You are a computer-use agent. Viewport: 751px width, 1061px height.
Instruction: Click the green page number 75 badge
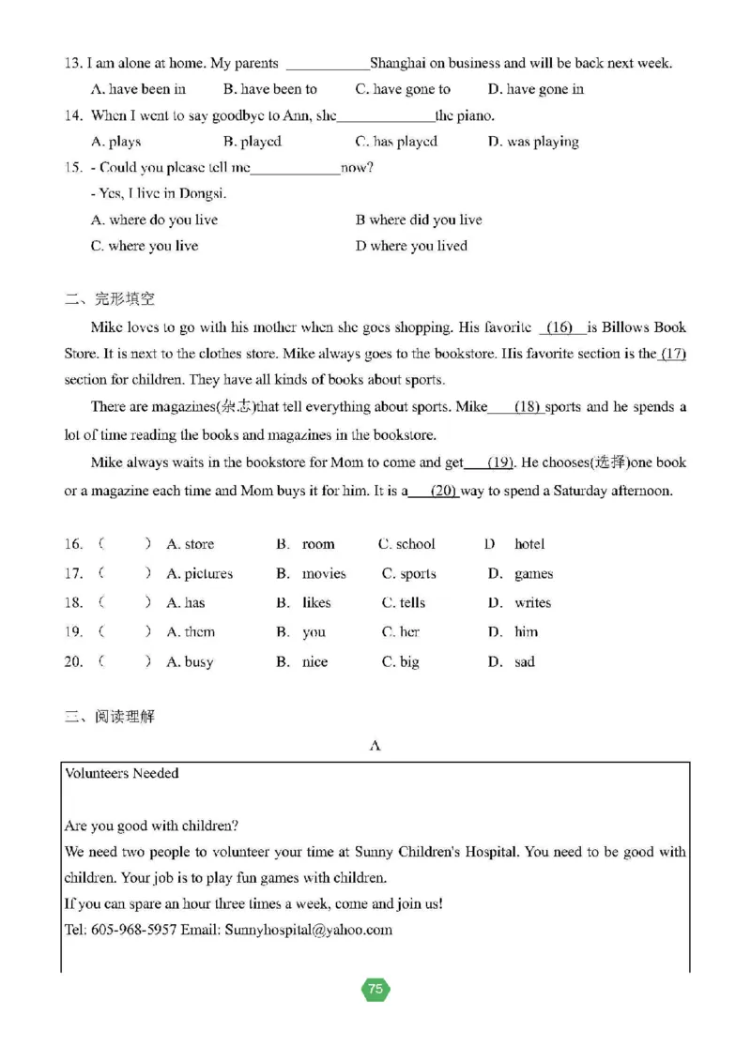coord(375,989)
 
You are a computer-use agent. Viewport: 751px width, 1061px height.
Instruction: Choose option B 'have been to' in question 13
coord(270,90)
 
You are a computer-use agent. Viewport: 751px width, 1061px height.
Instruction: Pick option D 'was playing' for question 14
coord(533,143)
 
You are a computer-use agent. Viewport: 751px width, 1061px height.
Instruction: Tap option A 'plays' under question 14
coord(115,143)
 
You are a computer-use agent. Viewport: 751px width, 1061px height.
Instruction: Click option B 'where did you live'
coord(419,220)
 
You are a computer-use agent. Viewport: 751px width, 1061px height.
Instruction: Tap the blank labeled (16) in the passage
coord(559,328)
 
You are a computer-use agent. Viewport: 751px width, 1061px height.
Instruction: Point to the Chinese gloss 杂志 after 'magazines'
coord(234,407)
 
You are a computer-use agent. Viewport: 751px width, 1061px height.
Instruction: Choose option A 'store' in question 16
coord(190,545)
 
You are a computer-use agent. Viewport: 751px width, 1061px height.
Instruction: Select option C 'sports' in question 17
coord(408,574)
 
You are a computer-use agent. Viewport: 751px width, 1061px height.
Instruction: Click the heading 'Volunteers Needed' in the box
coord(122,774)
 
